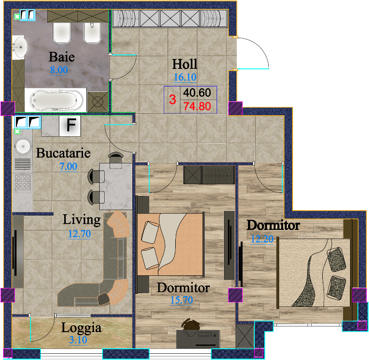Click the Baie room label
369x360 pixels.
point(62,57)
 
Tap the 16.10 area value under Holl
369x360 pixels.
point(185,77)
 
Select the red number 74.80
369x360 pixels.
point(197,106)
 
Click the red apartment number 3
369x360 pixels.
point(173,99)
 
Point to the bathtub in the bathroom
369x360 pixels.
point(56,100)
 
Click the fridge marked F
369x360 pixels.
point(70,126)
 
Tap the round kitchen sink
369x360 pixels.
point(23,146)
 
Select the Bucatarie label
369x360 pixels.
point(63,153)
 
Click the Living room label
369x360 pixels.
point(81,220)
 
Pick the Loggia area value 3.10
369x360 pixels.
point(78,340)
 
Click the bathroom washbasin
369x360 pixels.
point(20,47)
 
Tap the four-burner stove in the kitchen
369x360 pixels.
point(22,182)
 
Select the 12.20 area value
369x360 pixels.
point(262,239)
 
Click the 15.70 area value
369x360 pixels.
point(182,300)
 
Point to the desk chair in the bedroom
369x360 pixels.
point(191,324)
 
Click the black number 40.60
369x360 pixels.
point(197,93)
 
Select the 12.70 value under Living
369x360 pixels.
point(79,234)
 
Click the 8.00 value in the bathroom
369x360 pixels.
point(59,70)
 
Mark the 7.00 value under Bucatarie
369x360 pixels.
point(68,166)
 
